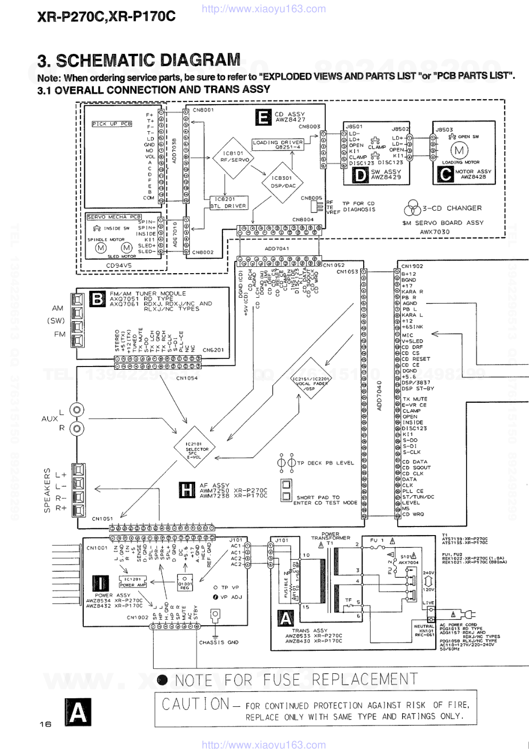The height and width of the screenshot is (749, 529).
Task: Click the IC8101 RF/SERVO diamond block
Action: (x=235, y=157)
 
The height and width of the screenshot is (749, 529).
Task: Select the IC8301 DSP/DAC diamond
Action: (x=283, y=182)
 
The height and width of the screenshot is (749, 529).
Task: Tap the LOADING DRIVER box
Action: (x=277, y=145)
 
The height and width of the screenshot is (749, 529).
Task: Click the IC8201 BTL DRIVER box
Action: (x=228, y=202)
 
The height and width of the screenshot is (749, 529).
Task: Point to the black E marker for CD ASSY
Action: (x=263, y=117)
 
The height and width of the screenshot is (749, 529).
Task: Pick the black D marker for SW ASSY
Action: (x=360, y=175)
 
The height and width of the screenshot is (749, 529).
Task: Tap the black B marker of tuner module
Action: (x=97, y=299)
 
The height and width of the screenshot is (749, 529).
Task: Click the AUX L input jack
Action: (x=77, y=410)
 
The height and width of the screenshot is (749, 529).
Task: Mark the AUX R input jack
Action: (x=77, y=428)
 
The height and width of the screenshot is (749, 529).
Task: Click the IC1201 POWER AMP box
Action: (x=133, y=582)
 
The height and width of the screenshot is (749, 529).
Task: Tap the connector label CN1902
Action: (x=412, y=266)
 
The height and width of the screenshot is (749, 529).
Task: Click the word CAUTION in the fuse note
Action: (x=196, y=704)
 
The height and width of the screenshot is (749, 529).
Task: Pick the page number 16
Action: (x=45, y=724)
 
